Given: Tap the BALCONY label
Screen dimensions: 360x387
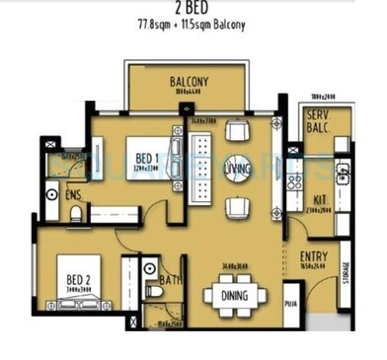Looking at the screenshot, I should point(188,81).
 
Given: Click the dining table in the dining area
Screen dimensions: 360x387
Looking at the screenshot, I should point(235,294).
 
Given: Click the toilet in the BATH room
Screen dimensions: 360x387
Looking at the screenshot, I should point(154,290).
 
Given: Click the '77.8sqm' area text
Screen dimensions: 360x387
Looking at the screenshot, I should point(163,25).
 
